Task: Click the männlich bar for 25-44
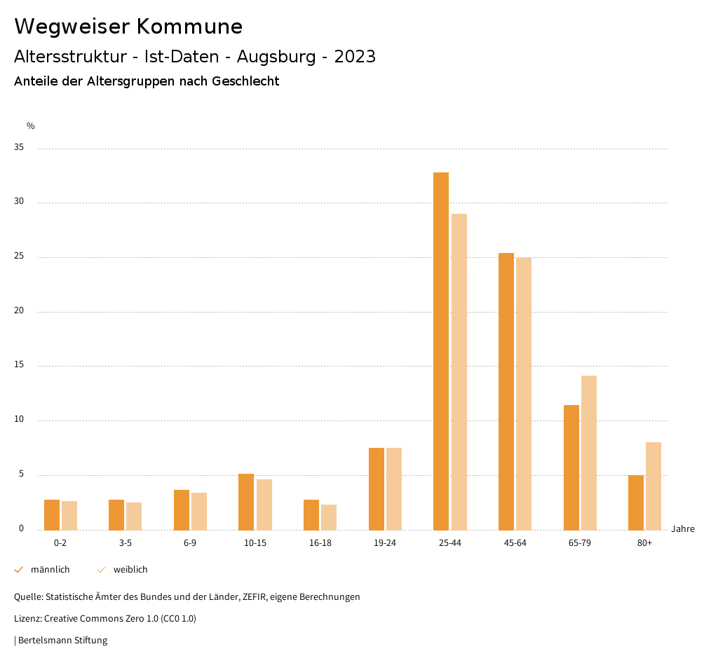[441, 350]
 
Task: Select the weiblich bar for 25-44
[459, 371]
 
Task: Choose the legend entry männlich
[50, 570]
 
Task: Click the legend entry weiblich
[130, 570]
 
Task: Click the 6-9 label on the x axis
[190, 543]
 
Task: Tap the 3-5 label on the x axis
[126, 543]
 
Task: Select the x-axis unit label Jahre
[682, 529]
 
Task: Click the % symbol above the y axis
[30, 126]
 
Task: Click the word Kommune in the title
[189, 27]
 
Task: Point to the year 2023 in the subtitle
[355, 57]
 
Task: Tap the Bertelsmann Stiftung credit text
[62, 640]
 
